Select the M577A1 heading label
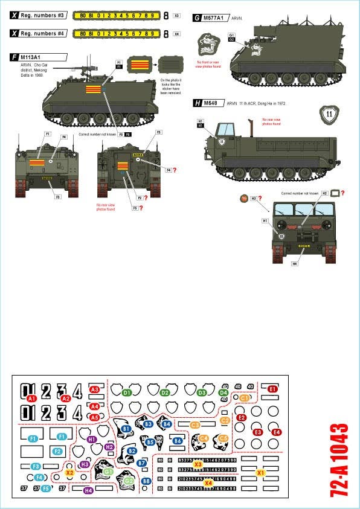tap(213, 19)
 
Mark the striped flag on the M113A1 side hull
tap(93, 91)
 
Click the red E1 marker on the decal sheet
tap(272, 389)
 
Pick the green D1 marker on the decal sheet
tap(127, 392)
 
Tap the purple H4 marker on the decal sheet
tap(88, 490)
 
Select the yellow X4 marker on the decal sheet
tap(208, 482)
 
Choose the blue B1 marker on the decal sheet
tap(126, 429)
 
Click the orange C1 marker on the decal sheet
tap(244, 398)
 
